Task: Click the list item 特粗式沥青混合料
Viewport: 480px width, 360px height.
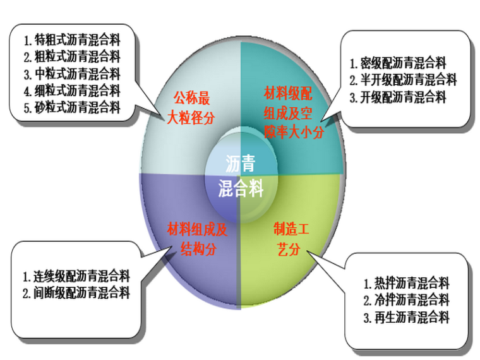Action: (77, 40)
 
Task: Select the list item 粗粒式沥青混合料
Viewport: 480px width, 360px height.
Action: (77, 57)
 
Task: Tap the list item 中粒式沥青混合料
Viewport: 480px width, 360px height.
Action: (77, 74)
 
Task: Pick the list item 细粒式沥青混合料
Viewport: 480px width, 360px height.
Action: (77, 90)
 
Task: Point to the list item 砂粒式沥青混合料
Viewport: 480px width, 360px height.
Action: (77, 107)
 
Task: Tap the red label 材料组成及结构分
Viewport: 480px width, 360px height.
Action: (196, 238)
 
